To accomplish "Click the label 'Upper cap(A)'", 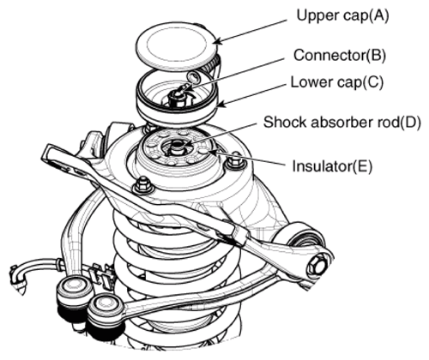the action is pos(342,15).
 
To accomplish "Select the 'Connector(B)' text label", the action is pos(340,55).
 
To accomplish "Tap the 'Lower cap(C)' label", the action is pos(336,82).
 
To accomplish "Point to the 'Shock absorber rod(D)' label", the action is pos(342,122).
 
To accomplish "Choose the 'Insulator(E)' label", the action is pos(332,166).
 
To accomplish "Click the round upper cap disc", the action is pos(175,45).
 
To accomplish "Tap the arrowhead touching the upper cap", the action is pos(217,42).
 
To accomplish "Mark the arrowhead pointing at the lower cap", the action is pos(221,105).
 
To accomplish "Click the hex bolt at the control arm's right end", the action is pos(317,264).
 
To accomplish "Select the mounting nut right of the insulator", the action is pos(235,162).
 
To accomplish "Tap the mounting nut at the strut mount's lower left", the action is pos(142,185).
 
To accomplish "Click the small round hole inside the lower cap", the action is pos(193,76).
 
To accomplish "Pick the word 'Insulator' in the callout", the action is pos(321,166).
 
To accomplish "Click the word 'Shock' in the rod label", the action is pos(285,122).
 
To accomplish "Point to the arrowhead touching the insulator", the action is pos(214,152).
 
